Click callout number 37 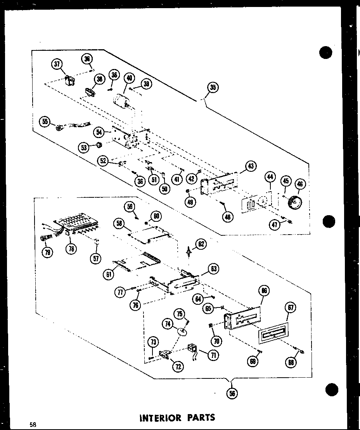point(57,64)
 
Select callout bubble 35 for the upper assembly point(213,88)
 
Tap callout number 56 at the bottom point(232,393)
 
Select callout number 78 point(71,249)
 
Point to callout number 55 point(45,122)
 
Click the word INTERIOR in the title point(159,418)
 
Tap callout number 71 point(213,355)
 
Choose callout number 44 point(270,178)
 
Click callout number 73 point(154,342)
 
